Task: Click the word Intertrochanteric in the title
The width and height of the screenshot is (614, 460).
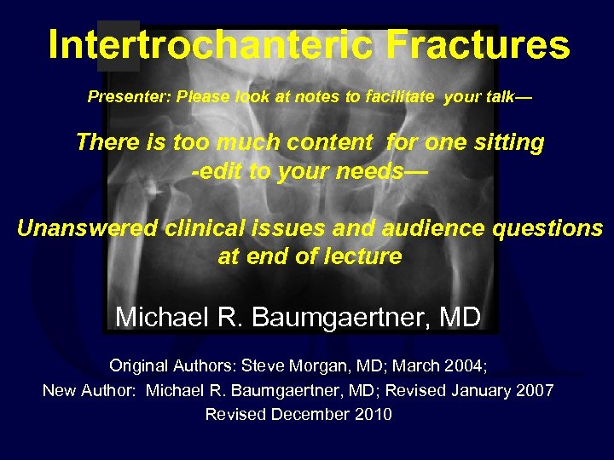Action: (211, 44)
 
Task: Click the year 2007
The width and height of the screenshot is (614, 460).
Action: (533, 390)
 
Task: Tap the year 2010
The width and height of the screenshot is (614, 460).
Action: (373, 414)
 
